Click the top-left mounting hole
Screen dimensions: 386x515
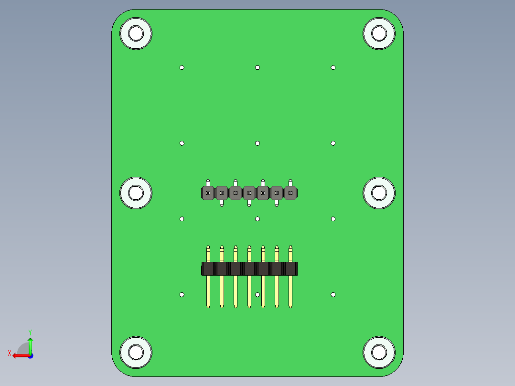136,33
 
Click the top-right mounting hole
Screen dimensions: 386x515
379,33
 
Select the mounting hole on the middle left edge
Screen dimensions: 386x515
136,193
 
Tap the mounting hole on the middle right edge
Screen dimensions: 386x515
379,193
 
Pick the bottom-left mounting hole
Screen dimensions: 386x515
136,353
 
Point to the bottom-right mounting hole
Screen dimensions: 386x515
379,353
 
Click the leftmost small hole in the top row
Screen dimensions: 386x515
182,67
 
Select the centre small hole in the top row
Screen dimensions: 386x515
257,67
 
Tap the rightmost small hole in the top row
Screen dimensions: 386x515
333,67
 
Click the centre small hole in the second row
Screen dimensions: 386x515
257,143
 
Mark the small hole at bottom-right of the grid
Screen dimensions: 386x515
333,295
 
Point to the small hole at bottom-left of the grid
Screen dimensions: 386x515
182,295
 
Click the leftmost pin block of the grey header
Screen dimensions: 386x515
208,193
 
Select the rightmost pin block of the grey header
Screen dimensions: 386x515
290,193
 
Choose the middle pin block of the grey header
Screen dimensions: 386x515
249,193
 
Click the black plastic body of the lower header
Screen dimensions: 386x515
249,268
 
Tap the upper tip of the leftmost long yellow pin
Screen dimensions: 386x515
208,248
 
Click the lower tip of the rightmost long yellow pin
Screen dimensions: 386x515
290,306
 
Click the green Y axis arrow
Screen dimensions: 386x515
30,343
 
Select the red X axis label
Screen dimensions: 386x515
10,353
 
